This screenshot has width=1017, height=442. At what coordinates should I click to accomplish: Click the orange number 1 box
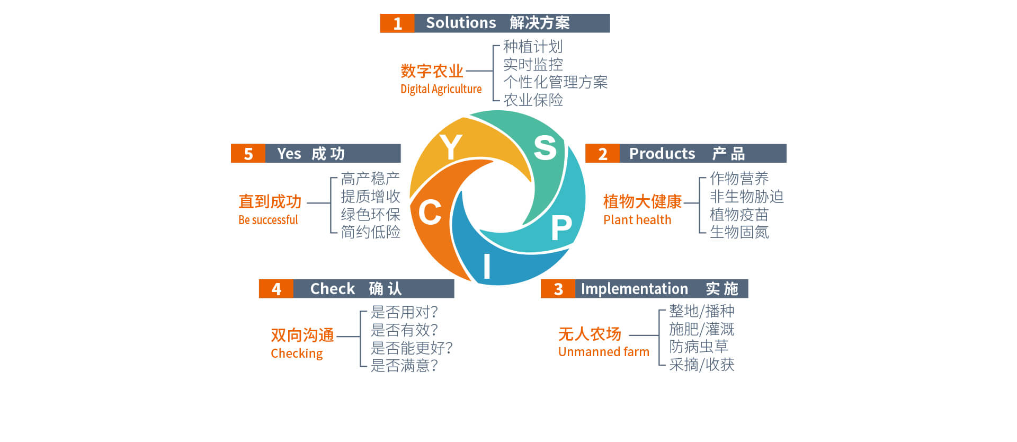(397, 23)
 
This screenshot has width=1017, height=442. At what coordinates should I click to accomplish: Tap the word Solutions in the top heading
(461, 23)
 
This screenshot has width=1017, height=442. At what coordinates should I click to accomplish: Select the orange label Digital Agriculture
(441, 89)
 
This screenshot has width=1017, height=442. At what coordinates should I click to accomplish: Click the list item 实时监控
(533, 65)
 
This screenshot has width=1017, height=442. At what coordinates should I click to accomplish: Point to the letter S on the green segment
(545, 147)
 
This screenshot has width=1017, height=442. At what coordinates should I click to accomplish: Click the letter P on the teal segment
(561, 228)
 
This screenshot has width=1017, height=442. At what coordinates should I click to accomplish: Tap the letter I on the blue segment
(487, 267)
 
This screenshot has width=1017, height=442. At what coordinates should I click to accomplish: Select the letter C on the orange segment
(430, 212)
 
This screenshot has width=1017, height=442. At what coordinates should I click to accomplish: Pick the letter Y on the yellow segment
(451, 147)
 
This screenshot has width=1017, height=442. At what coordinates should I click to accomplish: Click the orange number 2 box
(602, 154)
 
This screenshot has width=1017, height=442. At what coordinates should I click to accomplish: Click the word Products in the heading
(662, 154)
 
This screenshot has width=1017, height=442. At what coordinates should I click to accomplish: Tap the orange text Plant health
(637, 220)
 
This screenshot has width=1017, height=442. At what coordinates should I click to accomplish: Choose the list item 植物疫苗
(739, 215)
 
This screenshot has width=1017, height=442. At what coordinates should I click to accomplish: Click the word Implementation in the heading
(634, 289)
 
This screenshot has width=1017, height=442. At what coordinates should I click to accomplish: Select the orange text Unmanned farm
(603, 352)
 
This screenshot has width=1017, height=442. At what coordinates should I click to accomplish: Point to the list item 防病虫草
(699, 347)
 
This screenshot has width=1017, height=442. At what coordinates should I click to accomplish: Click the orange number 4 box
(276, 289)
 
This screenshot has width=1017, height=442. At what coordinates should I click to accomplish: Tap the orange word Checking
(297, 353)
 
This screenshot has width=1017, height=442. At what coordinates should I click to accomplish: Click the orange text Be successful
(268, 220)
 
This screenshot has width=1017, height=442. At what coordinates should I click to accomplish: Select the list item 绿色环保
(370, 215)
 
